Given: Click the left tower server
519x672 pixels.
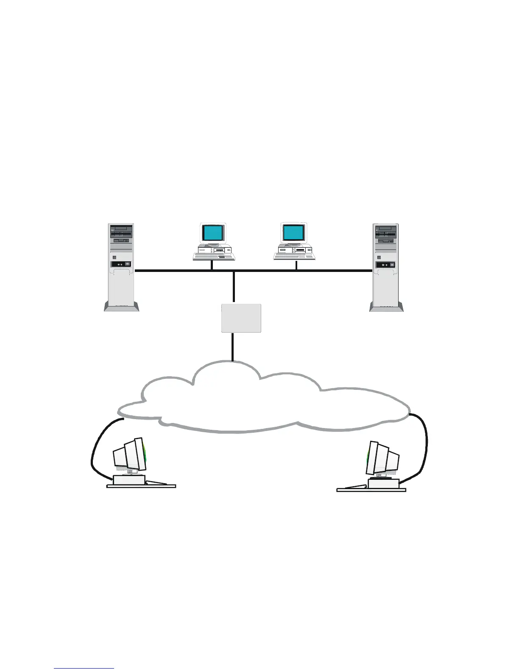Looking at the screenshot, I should (x=121, y=263).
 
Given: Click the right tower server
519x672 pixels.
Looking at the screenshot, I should (x=386, y=263).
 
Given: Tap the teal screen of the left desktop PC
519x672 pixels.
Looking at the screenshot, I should (x=212, y=233).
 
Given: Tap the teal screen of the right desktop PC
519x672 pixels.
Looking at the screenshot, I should (x=293, y=233).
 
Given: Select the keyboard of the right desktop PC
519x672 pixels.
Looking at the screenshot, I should (x=294, y=256).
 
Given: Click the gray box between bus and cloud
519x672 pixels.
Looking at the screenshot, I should (x=241, y=318).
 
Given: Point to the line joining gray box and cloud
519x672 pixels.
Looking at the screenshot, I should (x=233, y=347).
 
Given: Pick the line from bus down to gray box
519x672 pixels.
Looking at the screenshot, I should (x=234, y=287).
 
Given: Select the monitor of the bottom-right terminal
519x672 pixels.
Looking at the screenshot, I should (x=383, y=459).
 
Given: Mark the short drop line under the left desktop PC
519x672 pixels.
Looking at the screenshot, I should (x=212, y=265).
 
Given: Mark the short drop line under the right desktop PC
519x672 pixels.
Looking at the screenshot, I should (x=296, y=265).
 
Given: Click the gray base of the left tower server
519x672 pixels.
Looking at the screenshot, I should (x=121, y=307).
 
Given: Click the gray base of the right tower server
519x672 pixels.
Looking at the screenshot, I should (x=386, y=307).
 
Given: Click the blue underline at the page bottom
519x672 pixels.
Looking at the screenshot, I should (x=84, y=668).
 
